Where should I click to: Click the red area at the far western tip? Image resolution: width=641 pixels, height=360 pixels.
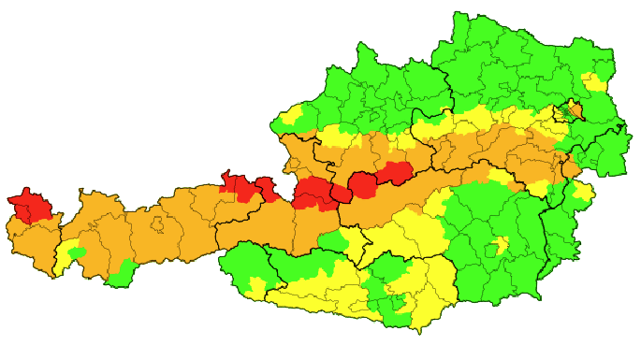tap(28, 206)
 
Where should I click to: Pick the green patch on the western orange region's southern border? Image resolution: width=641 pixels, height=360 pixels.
tap(119, 276)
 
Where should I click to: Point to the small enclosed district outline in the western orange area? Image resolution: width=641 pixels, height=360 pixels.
tap(158, 225)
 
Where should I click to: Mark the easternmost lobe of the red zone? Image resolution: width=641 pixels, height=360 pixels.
tap(397, 171)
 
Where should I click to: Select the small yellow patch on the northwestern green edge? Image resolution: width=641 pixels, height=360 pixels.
tap(291, 117)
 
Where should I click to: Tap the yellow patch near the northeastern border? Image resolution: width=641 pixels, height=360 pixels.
tap(592, 81)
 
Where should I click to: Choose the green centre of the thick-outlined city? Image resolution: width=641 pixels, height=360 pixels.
tap(565, 114)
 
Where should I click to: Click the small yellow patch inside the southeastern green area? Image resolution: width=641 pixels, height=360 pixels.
tap(502, 246)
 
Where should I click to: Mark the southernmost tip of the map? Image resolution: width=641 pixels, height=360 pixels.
tap(420, 331)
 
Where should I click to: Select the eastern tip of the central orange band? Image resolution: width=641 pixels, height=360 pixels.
tap(573, 168)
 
